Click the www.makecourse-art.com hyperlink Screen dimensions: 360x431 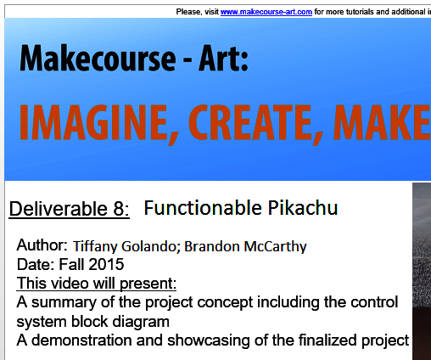(266, 12)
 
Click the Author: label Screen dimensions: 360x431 (42, 246)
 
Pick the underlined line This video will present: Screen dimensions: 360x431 (97, 283)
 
